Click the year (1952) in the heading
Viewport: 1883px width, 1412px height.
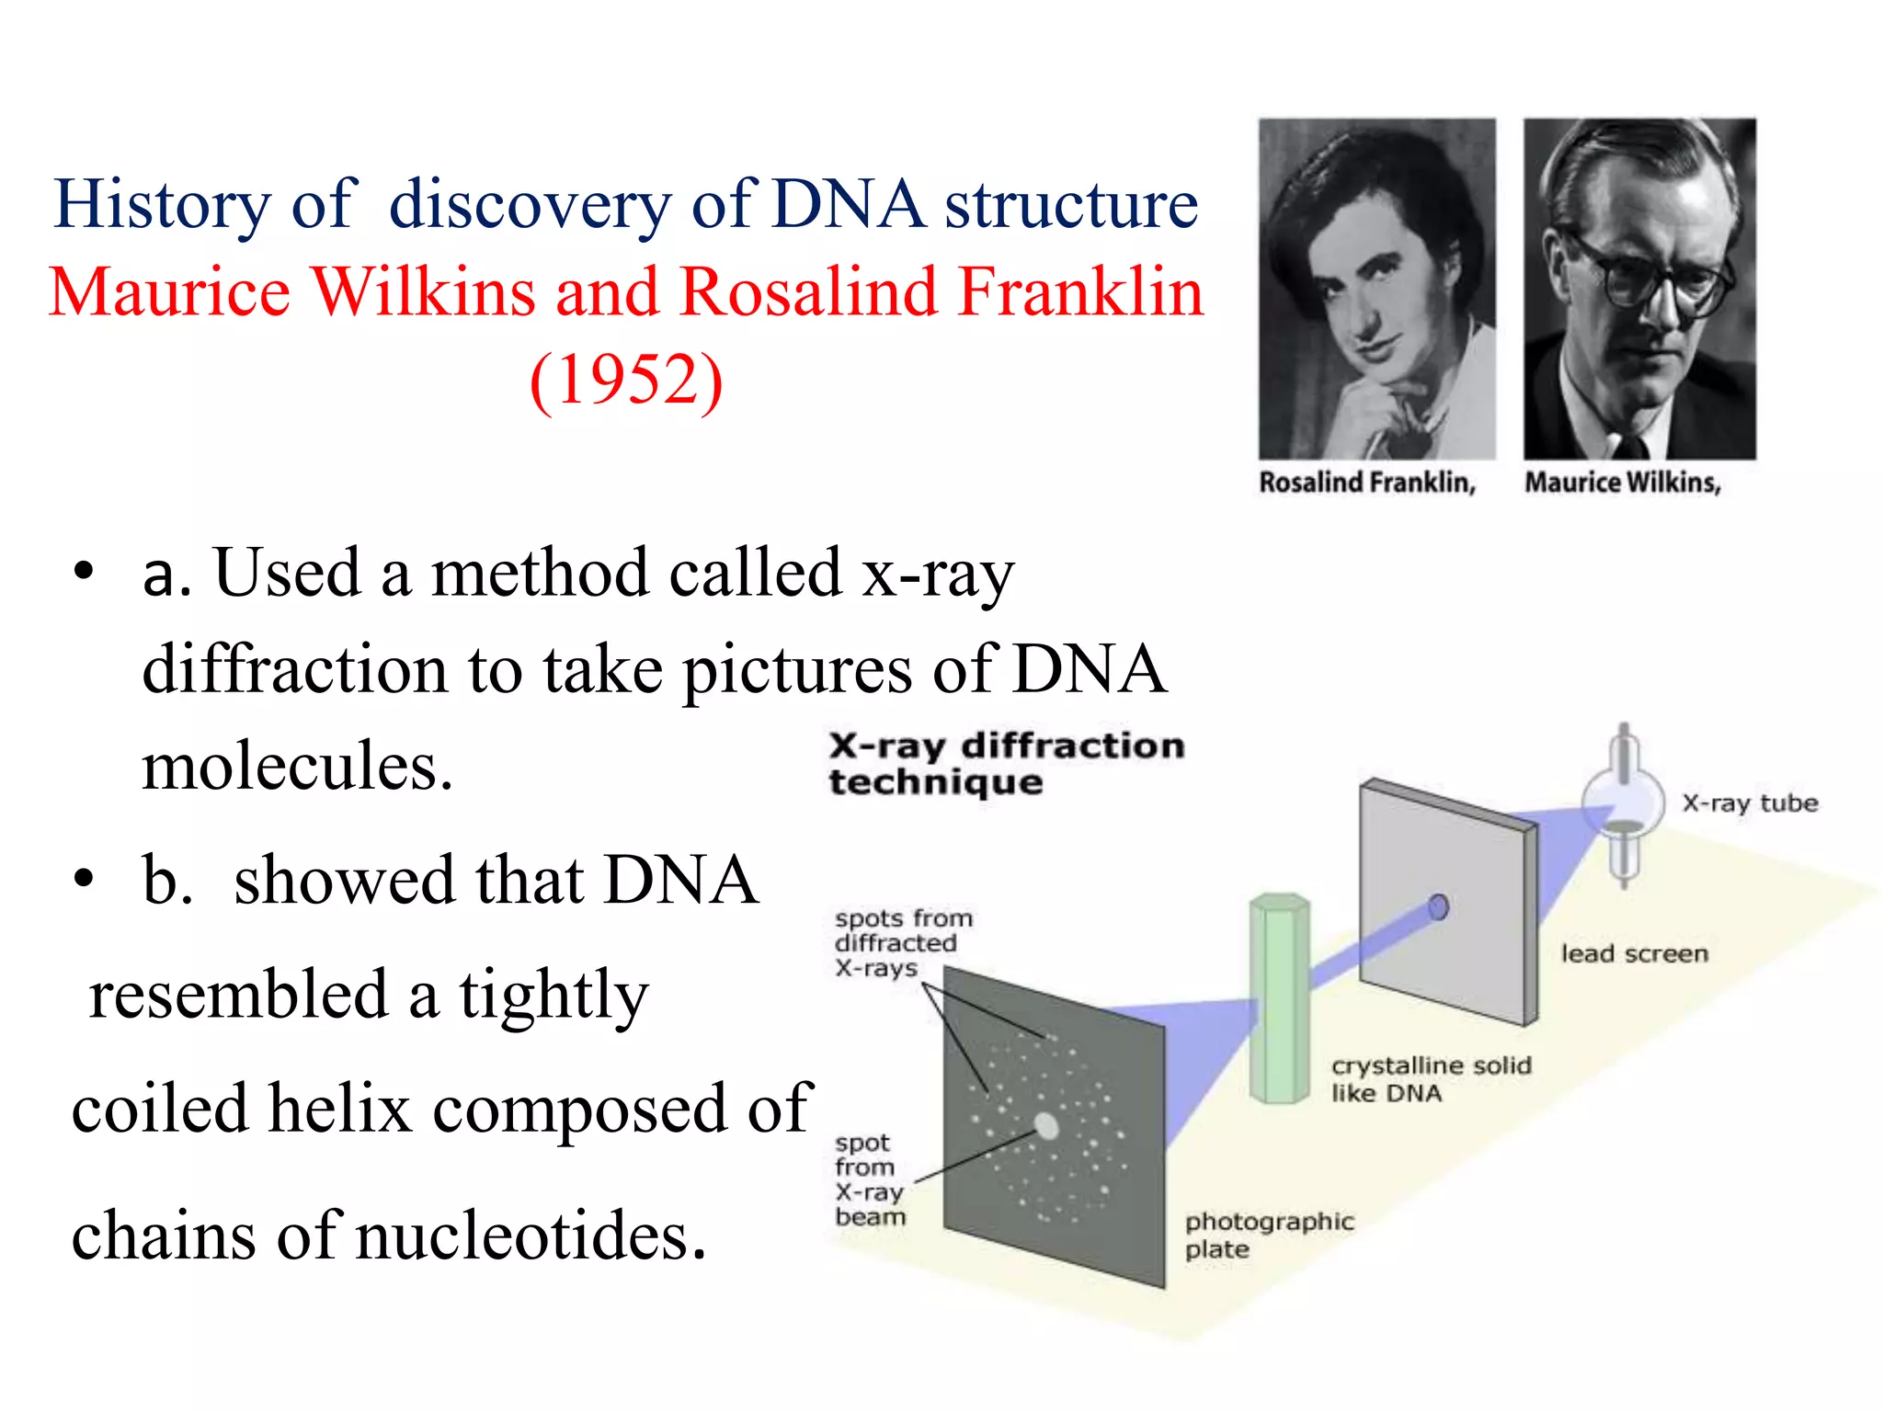[627, 379]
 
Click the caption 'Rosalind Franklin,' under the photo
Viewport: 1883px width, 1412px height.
[1367, 483]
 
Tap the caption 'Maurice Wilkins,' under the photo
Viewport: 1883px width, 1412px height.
[1623, 483]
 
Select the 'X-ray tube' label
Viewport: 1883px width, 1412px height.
[1750, 803]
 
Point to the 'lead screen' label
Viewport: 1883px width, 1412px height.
[1634, 954]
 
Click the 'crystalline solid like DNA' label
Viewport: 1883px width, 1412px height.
[1430, 1079]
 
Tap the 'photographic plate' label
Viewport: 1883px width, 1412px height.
[1269, 1235]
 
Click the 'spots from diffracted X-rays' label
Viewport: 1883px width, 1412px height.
[902, 943]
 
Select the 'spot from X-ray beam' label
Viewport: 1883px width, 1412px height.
[869, 1179]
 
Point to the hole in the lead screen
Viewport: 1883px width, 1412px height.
[1439, 907]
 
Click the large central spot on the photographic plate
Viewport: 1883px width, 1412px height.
[1046, 1125]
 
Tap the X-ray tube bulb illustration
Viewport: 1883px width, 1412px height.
[1623, 803]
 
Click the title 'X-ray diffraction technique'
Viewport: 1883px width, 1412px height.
[1005, 763]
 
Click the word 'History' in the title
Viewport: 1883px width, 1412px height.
[163, 204]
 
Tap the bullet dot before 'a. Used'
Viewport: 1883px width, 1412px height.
[84, 572]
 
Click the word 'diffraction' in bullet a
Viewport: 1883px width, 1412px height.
[295, 669]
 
